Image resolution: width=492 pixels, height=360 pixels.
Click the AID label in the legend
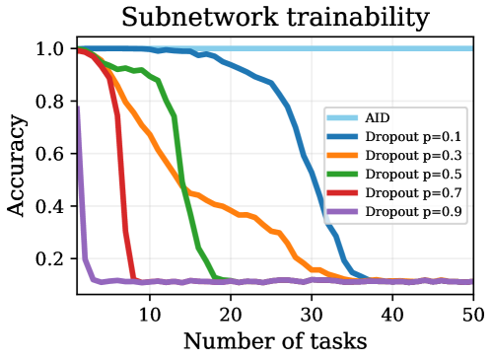(x=377, y=118)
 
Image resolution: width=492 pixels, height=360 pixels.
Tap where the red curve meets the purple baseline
(x=134, y=280)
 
